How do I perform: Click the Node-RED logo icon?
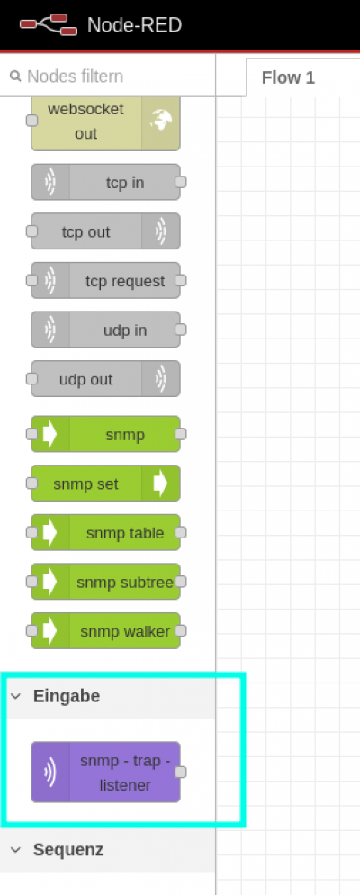[x=49, y=24]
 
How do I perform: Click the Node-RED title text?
[x=135, y=25]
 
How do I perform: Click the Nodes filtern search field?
[x=108, y=76]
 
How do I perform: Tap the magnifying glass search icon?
[x=15, y=76]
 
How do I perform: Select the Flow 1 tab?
[x=288, y=77]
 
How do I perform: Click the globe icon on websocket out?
[x=161, y=121]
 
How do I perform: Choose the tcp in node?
[x=105, y=183]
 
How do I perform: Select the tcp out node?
[x=105, y=231]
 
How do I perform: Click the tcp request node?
[x=105, y=281]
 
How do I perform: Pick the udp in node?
[x=105, y=330]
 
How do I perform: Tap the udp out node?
[x=105, y=379]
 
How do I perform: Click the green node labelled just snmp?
[x=105, y=434]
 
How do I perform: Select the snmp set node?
[x=105, y=484]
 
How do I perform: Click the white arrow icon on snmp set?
[x=161, y=484]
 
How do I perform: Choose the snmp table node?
[x=105, y=532]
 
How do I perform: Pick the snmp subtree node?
[x=105, y=582]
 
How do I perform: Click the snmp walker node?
[x=105, y=630]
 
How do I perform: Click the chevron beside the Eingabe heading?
[x=16, y=696]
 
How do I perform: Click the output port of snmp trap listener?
[x=180, y=773]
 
